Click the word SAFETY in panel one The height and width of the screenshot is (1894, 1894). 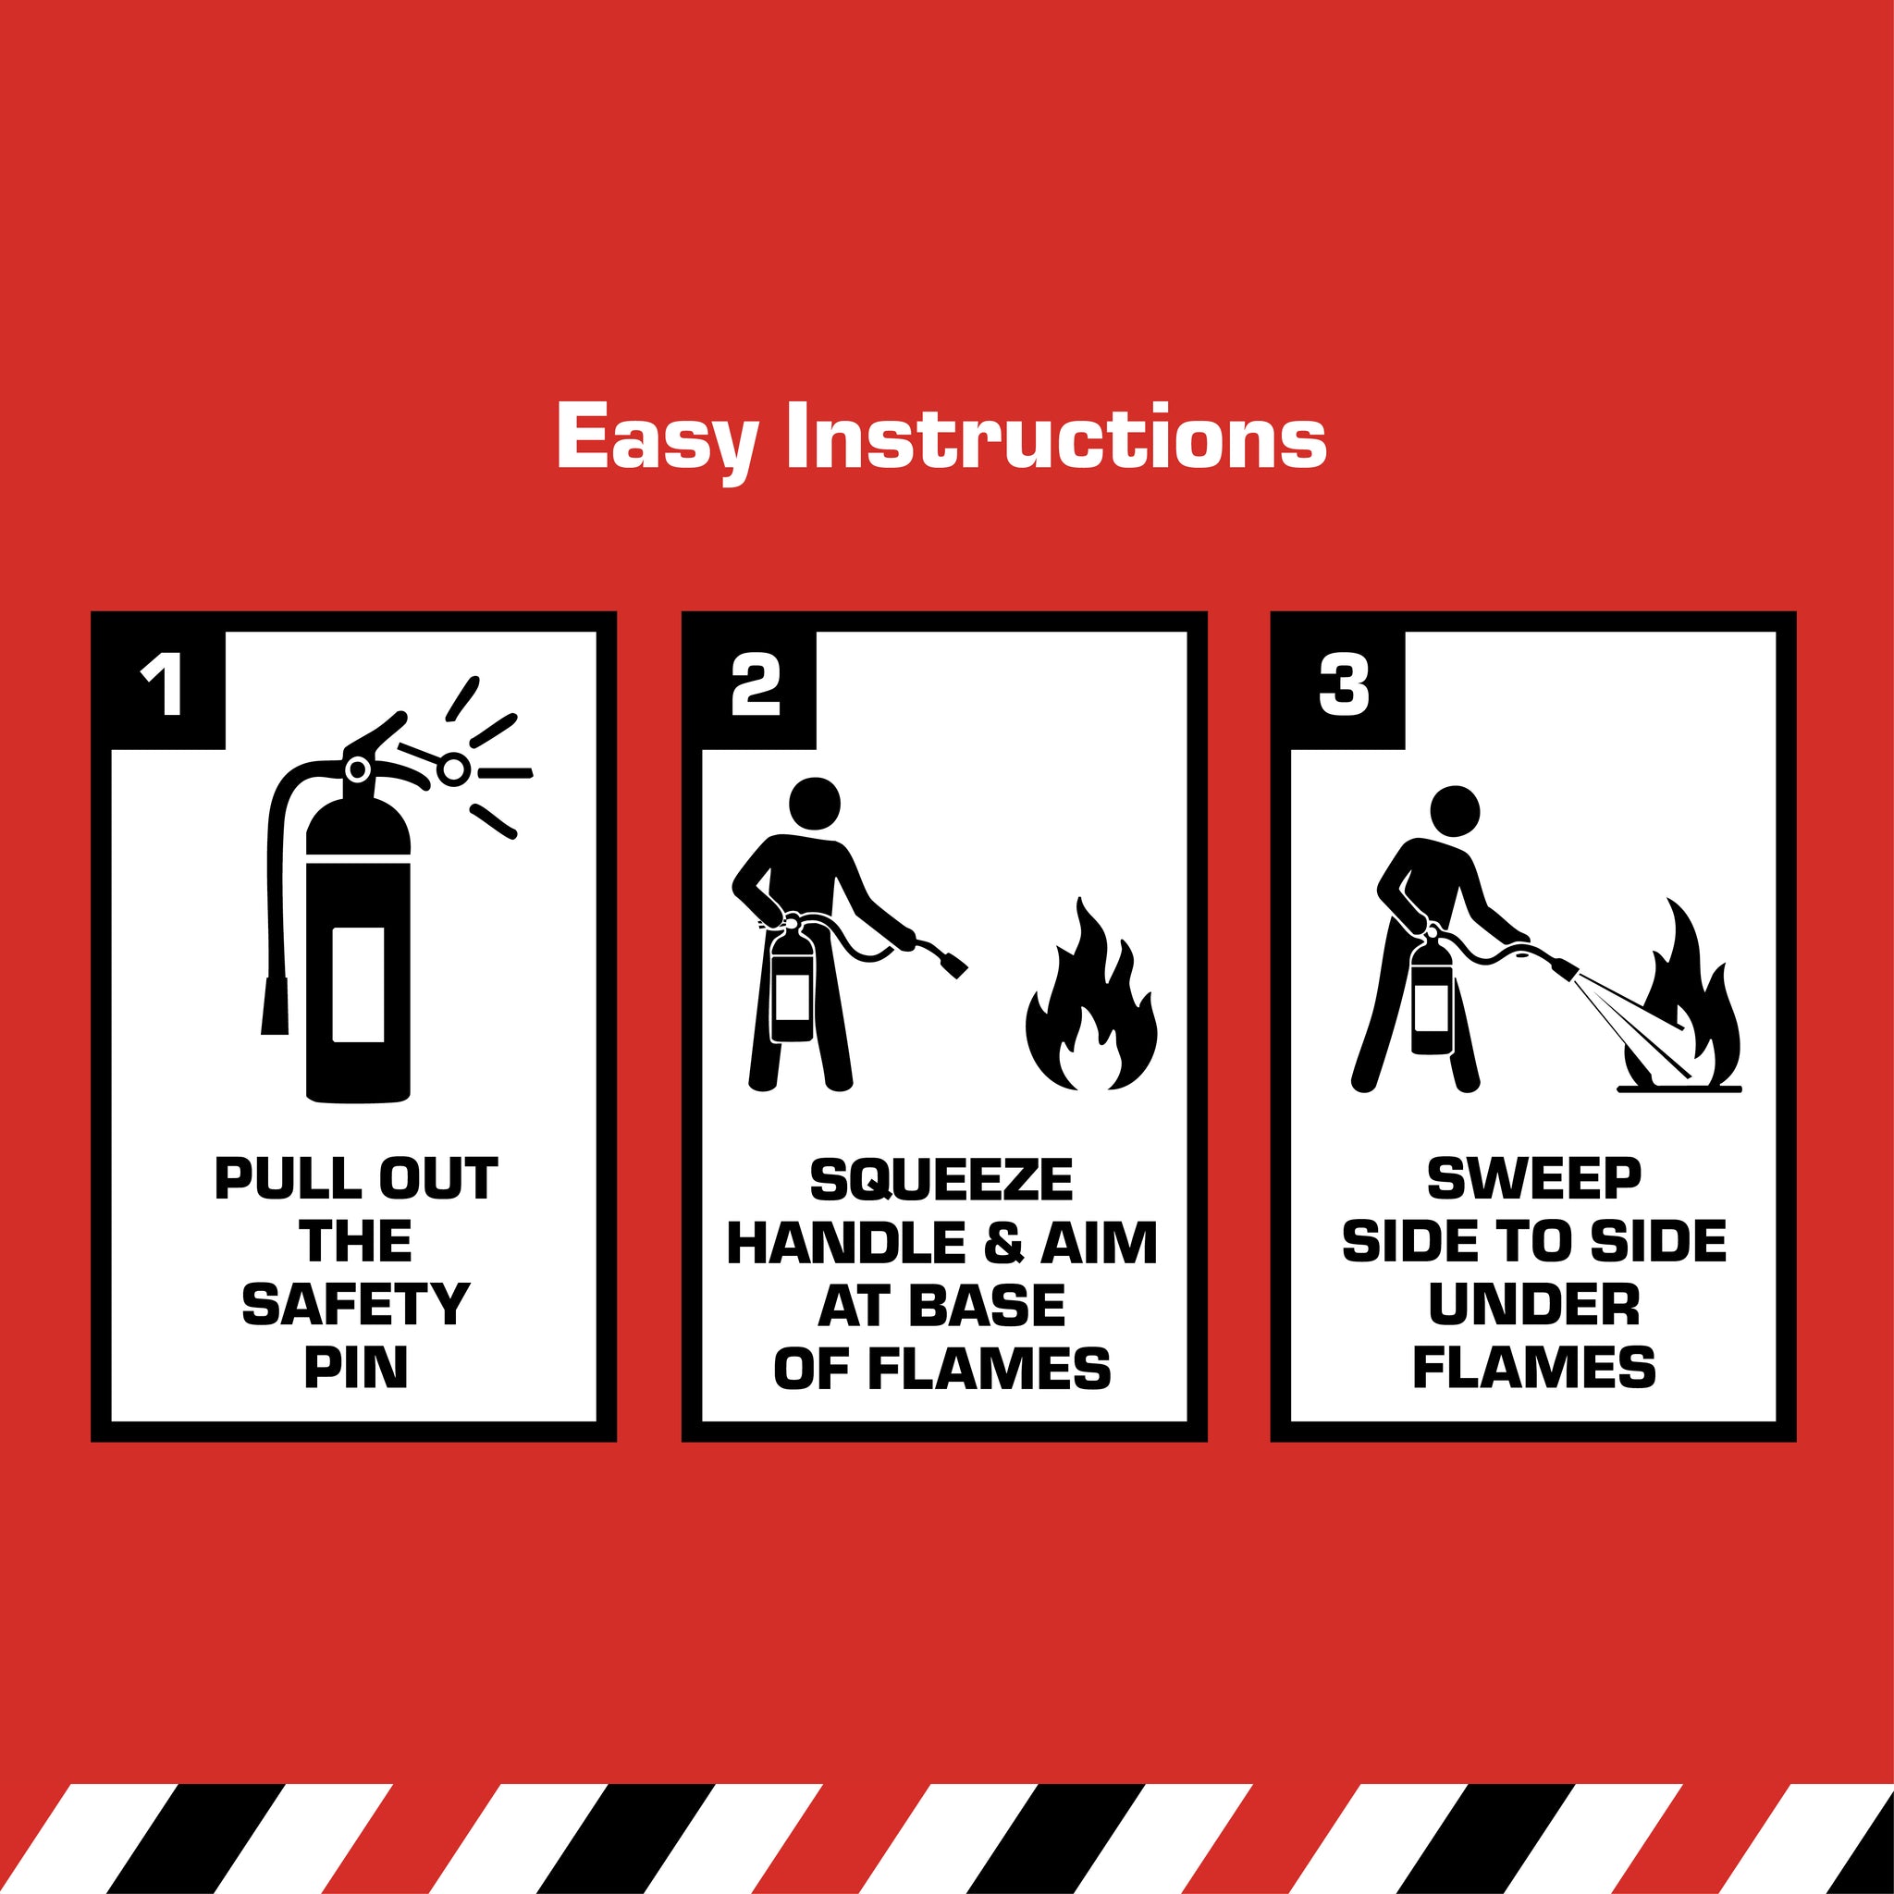click(356, 1305)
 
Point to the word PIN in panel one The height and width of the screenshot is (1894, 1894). click(356, 1368)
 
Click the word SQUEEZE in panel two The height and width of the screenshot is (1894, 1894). click(941, 1180)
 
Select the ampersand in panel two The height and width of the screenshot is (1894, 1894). click(1002, 1243)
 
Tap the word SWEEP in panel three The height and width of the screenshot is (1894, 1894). click(1534, 1179)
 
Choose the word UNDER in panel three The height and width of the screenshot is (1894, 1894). click(1534, 1305)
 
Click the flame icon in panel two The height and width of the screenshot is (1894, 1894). click(1091, 995)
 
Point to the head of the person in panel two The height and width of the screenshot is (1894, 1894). click(815, 804)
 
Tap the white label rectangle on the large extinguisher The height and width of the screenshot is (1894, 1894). click(358, 983)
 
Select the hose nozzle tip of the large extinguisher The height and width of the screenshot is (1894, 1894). click(275, 1006)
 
